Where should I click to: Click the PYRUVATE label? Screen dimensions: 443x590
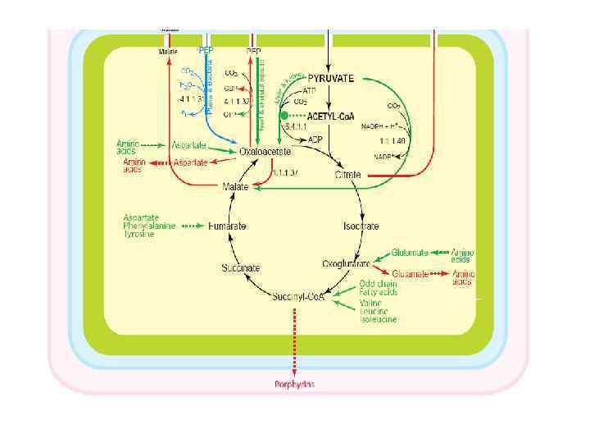pyautogui.click(x=331, y=79)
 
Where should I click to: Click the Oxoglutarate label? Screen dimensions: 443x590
pyautogui.click(x=345, y=263)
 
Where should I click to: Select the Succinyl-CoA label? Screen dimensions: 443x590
pyautogui.click(x=298, y=296)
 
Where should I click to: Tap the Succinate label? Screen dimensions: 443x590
pyautogui.click(x=240, y=267)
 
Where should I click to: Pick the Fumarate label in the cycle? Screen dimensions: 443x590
pyautogui.click(x=227, y=225)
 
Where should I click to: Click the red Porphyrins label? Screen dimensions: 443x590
pyautogui.click(x=294, y=384)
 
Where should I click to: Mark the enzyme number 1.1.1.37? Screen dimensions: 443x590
pyautogui.click(x=284, y=173)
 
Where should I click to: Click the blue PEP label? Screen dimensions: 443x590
pyautogui.click(x=207, y=50)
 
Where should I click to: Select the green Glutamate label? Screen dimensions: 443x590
pyautogui.click(x=411, y=253)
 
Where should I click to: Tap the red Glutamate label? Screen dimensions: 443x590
pyautogui.click(x=411, y=273)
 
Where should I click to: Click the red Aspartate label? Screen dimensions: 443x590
pyautogui.click(x=191, y=163)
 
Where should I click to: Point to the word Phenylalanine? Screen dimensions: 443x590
pyautogui.click(x=149, y=226)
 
